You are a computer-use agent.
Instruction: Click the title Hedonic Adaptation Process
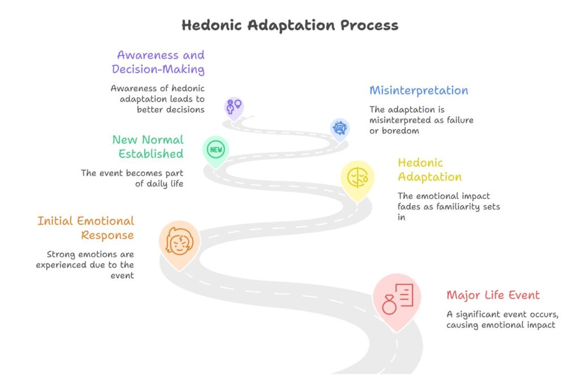pos(289,25)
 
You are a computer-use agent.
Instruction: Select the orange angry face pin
pos(179,241)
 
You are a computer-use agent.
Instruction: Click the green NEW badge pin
pos(216,150)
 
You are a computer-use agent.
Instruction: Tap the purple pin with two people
pos(233,106)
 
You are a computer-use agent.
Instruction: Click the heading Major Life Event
pos(493,295)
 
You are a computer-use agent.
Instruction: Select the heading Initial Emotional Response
pos(86,228)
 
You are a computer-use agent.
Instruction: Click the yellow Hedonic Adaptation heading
pos(429,170)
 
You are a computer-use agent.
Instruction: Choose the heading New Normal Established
pos(148,147)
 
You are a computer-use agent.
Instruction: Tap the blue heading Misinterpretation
pos(419,90)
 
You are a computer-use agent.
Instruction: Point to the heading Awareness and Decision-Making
pos(159,62)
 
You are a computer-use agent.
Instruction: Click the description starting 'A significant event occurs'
pos(500,320)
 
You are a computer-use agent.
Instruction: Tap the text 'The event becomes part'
pos(132,178)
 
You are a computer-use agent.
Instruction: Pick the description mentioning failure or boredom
pos(421,120)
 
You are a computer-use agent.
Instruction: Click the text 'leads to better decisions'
pos(158,99)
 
